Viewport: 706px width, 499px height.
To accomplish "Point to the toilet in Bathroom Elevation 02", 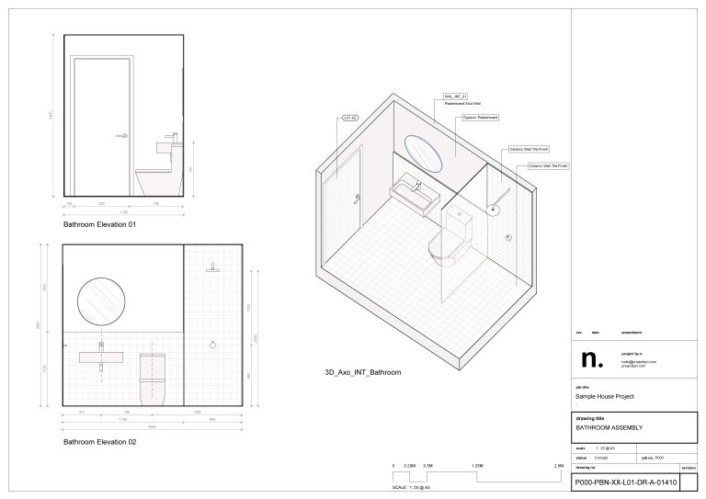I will [x=153, y=377].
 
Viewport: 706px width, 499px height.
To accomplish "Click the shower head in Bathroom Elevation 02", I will [x=213, y=267].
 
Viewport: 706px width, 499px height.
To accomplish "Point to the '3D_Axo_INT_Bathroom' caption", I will [x=363, y=372].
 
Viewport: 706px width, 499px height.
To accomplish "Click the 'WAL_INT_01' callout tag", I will [x=456, y=96].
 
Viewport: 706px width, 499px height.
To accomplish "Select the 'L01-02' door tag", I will [x=349, y=118].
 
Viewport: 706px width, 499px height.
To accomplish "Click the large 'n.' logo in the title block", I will [x=586, y=358].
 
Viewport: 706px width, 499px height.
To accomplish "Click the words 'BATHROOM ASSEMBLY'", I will [x=609, y=428].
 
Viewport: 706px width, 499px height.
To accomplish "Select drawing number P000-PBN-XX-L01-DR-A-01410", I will [x=625, y=482].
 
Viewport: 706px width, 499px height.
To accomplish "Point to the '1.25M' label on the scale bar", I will [x=477, y=467].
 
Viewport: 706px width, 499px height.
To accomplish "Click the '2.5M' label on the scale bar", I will [x=558, y=467].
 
